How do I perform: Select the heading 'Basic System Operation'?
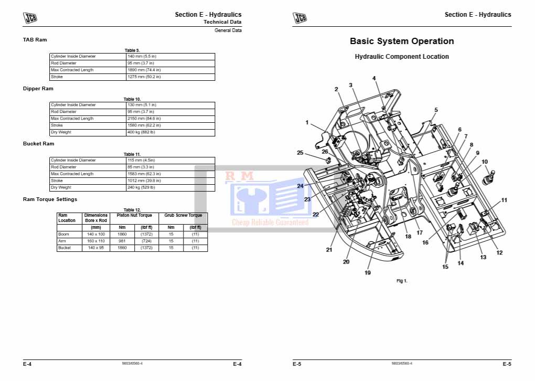[402, 41]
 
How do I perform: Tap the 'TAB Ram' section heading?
[35, 40]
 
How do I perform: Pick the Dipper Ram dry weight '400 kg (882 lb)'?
[141, 132]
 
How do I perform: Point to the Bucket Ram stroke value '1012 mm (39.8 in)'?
[145, 181]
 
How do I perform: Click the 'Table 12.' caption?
[132, 210]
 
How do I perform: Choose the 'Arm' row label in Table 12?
[62, 241]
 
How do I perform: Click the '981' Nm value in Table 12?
[122, 241]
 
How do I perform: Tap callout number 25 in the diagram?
[300, 153]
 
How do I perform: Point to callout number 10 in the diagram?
[485, 162]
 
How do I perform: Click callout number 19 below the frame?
[368, 272]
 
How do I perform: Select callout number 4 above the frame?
[374, 78]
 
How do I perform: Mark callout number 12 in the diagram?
[499, 252]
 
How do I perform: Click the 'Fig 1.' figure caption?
[402, 281]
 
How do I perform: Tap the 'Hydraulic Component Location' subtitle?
[402, 57]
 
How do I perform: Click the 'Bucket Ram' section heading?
[38, 144]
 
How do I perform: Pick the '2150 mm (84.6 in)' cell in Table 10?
[144, 119]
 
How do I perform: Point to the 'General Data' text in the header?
[228, 30]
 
